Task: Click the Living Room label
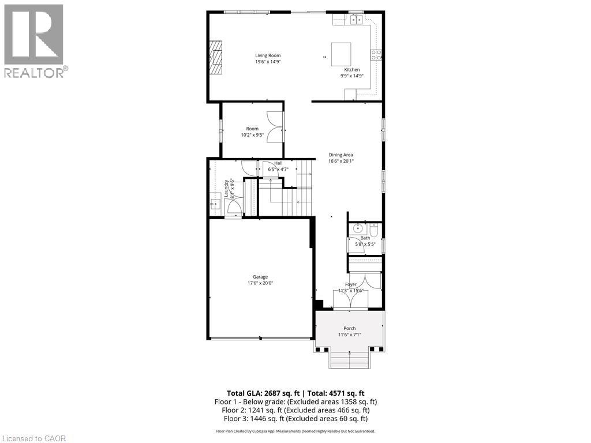[x=268, y=55]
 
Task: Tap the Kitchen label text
[x=352, y=70]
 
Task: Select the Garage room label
[x=260, y=277]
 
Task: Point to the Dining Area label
[x=341, y=155]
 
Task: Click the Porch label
[x=350, y=328]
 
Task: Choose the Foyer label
[x=351, y=284]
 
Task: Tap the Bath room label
[x=365, y=238]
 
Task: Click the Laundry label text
[x=226, y=189]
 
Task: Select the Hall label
[x=278, y=163]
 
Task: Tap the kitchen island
[x=341, y=52]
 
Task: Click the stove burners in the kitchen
[x=376, y=55]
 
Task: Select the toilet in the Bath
[x=373, y=230]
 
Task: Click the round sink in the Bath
[x=357, y=228]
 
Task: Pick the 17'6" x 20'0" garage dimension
[x=260, y=283]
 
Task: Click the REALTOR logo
[x=34, y=40]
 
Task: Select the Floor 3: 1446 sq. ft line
[x=295, y=419]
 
